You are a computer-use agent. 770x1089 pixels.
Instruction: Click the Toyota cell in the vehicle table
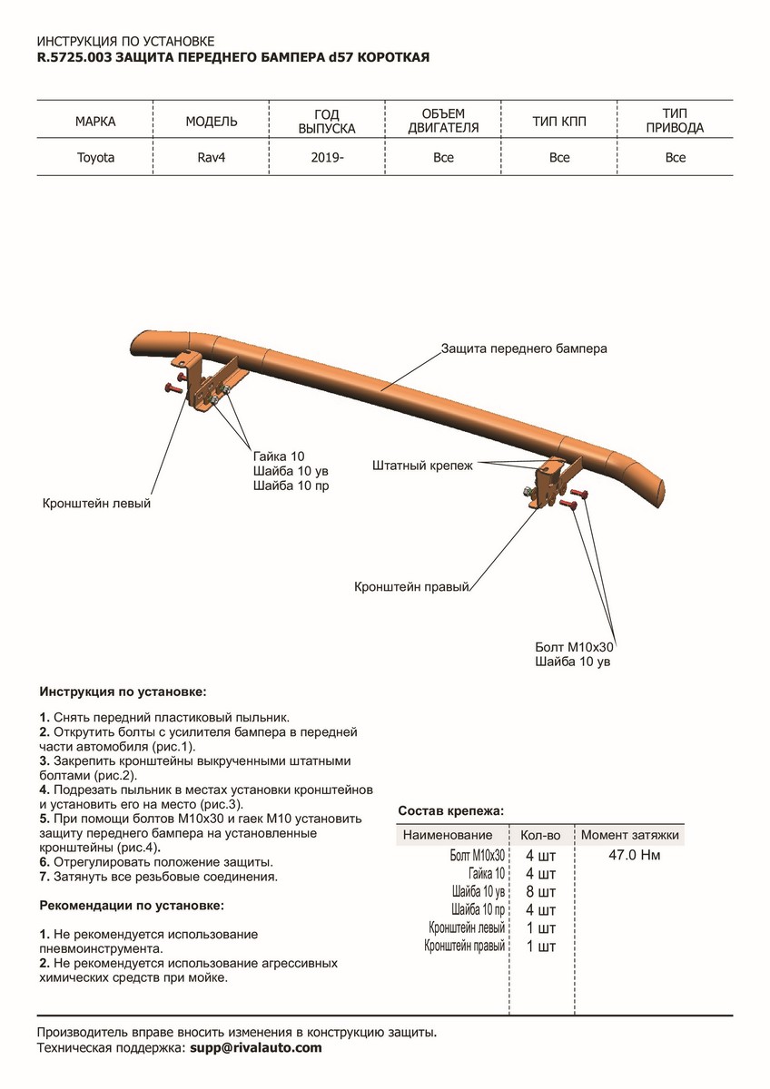(95, 158)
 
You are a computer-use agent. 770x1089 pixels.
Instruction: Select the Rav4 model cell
(212, 158)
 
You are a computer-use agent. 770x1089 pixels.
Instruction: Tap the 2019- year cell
(327, 158)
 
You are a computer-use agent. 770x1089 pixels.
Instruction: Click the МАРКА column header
(95, 122)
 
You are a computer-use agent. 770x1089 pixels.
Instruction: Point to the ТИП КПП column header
(559, 122)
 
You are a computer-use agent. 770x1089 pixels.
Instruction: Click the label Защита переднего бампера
(524, 348)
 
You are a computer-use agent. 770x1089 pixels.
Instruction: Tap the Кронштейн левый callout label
(96, 503)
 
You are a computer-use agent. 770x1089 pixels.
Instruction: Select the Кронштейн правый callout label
(410, 587)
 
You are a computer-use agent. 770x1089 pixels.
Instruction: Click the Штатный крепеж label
(422, 466)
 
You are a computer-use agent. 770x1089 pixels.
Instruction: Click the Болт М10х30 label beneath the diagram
(575, 648)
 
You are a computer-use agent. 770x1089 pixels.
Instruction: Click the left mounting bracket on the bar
(208, 385)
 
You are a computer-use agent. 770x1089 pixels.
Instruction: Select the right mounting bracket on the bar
(550, 486)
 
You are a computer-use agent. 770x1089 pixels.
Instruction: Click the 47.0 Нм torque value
(634, 855)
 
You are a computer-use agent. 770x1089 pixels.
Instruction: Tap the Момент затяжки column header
(630, 835)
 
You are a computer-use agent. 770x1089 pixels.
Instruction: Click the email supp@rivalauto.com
(255, 1047)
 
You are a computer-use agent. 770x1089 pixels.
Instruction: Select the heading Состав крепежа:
(451, 809)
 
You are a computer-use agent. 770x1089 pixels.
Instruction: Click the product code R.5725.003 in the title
(74, 57)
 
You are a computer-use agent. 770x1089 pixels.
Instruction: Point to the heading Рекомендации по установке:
(132, 906)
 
